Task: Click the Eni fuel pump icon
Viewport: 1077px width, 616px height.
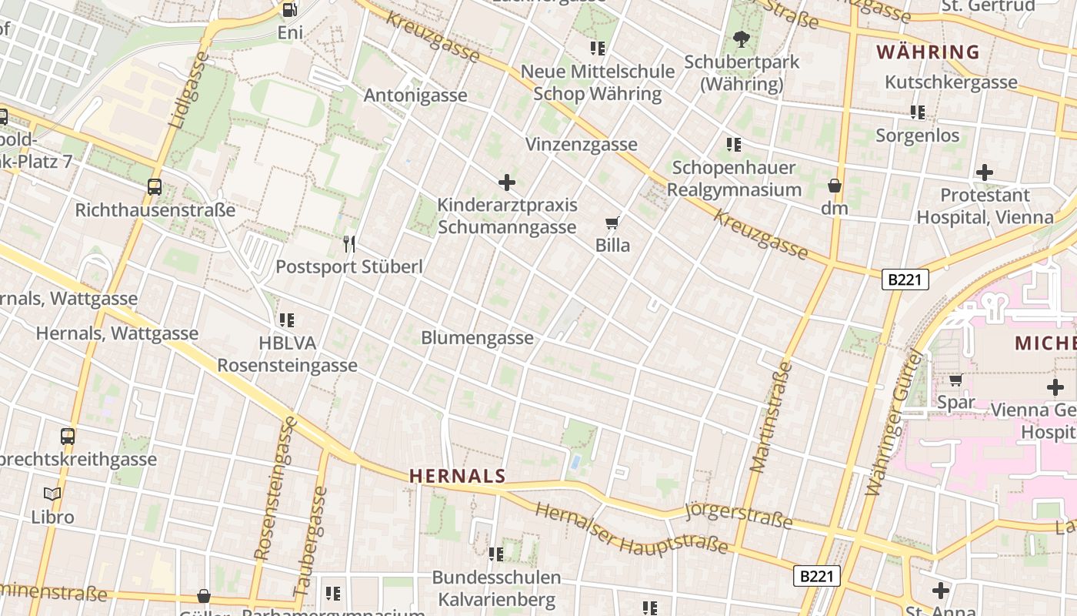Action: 290,9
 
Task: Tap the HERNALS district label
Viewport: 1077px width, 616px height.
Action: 458,477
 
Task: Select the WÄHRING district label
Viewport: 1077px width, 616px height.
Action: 929,52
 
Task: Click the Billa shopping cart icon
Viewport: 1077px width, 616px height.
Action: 612,223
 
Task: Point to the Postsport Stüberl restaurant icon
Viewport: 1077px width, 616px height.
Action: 349,244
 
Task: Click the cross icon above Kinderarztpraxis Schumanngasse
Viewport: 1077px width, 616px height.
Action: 507,182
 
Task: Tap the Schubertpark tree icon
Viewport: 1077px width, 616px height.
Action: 742,38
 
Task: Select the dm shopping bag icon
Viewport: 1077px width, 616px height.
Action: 834,186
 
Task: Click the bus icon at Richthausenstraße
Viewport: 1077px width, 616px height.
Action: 155,187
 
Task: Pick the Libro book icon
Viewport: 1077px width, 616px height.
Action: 52,494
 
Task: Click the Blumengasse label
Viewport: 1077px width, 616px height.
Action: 477,338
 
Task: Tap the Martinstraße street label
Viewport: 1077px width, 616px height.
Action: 772,417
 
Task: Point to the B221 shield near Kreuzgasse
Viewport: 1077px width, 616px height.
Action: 905,280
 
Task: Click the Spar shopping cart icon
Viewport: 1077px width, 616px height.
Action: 955,380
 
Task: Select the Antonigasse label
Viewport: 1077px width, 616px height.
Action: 415,95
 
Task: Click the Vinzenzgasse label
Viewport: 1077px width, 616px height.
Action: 582,144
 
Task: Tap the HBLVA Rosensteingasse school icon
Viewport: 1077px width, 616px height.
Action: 287,320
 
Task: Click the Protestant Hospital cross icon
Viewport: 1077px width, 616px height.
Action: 984,172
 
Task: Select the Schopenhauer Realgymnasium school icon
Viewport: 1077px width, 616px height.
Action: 734,144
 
